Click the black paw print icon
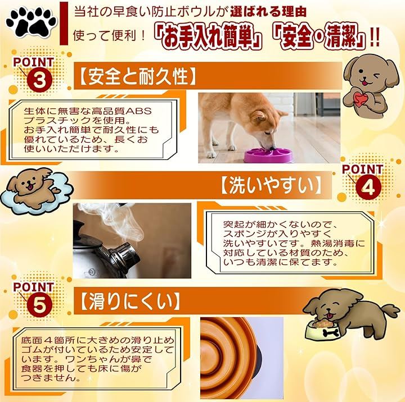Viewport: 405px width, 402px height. (31, 22)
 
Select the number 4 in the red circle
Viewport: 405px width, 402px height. (368, 187)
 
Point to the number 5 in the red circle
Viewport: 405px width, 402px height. (39, 305)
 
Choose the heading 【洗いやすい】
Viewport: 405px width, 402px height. (271, 185)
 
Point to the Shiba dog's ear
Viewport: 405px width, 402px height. (259, 117)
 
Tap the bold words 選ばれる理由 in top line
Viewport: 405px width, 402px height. (268, 12)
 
